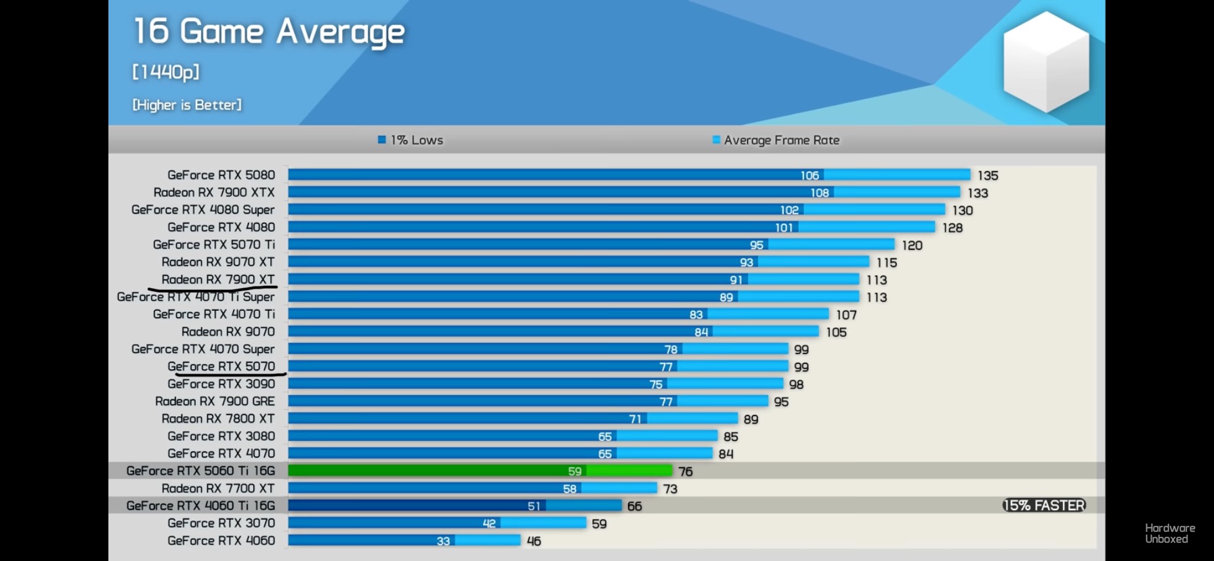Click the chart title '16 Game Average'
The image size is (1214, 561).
pos(269,32)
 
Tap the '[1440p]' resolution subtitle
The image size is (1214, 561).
pos(166,72)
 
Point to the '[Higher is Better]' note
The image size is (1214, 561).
pos(187,105)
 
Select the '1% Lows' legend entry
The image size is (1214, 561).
pos(411,140)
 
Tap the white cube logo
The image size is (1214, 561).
pos(1046,62)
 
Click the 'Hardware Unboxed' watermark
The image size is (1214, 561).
pos(1170,533)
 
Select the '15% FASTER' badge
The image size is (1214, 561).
pos(1044,505)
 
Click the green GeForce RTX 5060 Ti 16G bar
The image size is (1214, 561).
pos(480,471)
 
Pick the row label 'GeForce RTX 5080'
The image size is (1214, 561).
pos(221,175)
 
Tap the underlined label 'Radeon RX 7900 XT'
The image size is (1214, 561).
pos(218,280)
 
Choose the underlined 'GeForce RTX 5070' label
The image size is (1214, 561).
pos(221,367)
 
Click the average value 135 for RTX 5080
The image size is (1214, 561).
pos(988,175)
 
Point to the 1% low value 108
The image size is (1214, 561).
pos(820,193)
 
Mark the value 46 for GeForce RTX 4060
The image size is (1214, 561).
pos(534,541)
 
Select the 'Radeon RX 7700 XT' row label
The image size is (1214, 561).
pos(218,489)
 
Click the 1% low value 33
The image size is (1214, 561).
pos(443,541)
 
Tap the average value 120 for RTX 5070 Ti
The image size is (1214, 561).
pos(912,245)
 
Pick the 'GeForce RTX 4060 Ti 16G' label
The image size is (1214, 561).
pos(201,506)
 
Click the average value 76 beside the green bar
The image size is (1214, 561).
pos(686,472)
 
